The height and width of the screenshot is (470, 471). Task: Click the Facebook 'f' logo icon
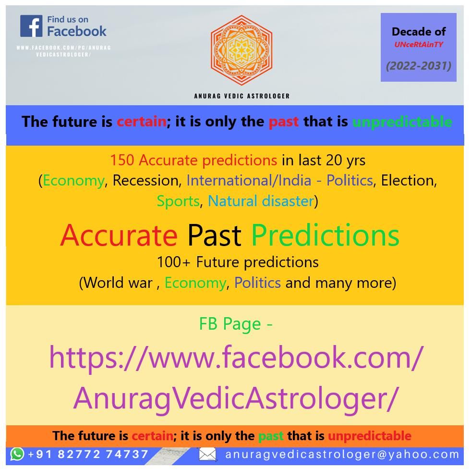[31, 26]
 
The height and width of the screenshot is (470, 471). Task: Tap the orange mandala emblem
[242, 50]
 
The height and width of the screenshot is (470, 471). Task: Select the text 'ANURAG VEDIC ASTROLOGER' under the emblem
[242, 96]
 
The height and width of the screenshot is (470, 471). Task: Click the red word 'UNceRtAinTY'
[419, 45]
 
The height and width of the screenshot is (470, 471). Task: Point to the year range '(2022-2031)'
[419, 66]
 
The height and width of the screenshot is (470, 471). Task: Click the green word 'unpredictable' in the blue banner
[402, 122]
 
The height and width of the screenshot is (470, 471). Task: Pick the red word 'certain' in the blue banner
[141, 122]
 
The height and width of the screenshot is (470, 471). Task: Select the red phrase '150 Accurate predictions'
[193, 160]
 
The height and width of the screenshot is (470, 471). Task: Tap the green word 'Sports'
[178, 201]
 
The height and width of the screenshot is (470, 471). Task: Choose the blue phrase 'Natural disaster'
[261, 201]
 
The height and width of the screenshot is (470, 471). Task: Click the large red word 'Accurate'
[119, 235]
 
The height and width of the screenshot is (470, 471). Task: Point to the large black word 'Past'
[214, 235]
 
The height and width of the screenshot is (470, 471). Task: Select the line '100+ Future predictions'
[238, 262]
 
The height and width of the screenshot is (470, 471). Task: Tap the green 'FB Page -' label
[236, 324]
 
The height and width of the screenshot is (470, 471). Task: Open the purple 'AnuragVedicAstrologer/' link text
[236, 398]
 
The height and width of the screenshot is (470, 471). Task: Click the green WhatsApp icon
[17, 454]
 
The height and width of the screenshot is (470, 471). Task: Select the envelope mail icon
[207, 454]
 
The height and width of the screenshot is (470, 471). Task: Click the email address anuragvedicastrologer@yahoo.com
[342, 454]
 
